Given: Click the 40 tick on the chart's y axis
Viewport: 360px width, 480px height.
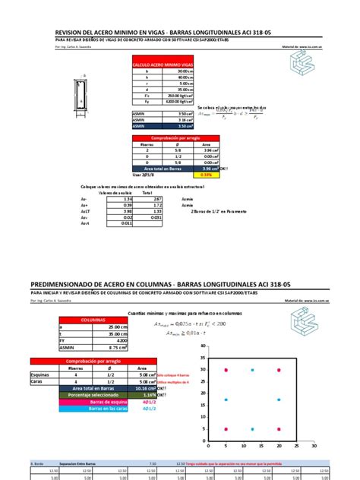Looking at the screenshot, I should (x=203, y=348).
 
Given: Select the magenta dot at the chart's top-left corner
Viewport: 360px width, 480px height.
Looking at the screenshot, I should (x=226, y=370).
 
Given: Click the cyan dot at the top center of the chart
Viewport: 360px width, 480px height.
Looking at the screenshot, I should (x=253, y=370).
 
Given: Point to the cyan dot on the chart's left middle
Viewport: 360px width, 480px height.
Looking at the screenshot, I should (x=226, y=399).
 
